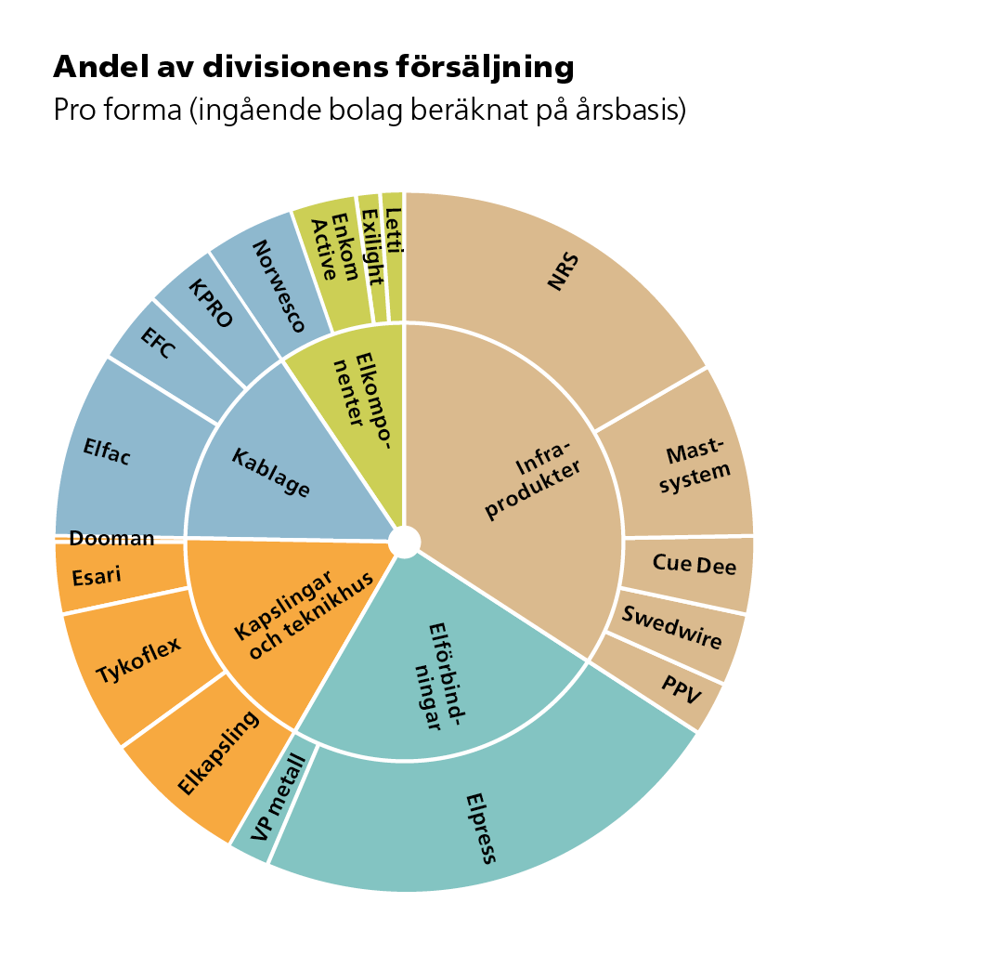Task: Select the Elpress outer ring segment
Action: (x=483, y=818)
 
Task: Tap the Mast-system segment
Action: (x=687, y=460)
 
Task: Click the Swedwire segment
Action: (x=674, y=627)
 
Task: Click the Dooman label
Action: (x=111, y=539)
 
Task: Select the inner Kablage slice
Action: (x=269, y=474)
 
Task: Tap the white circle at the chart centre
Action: (x=405, y=542)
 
